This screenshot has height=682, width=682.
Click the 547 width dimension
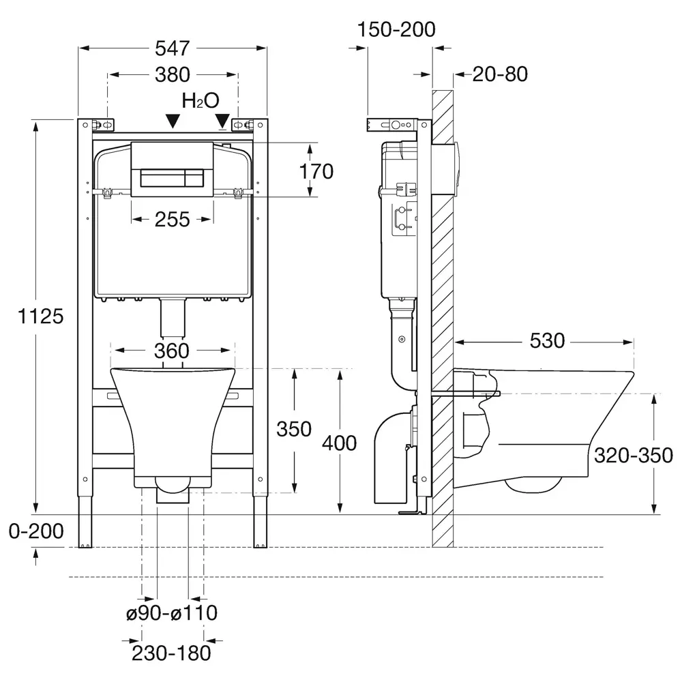point(173,48)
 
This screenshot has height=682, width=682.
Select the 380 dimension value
point(173,75)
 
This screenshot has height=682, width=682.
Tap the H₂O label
point(201,100)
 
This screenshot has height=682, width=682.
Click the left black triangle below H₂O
point(173,121)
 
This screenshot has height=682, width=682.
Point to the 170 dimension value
point(316,171)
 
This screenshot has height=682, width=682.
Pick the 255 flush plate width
point(173,220)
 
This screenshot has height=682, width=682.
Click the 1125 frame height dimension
point(40,316)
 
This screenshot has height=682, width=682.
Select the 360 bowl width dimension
point(172,351)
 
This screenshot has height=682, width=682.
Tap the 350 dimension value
point(294,429)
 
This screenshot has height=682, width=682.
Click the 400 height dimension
point(339,443)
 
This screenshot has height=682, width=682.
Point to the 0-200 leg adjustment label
point(36,531)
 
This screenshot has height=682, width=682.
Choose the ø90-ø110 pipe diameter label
point(172,613)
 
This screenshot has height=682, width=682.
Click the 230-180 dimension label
point(171,653)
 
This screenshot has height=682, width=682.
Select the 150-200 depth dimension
point(396,29)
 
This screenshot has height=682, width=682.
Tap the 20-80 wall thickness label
point(500,74)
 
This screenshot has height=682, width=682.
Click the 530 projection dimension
point(547,340)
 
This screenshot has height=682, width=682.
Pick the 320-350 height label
point(634,456)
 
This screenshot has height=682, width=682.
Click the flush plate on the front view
point(173,169)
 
